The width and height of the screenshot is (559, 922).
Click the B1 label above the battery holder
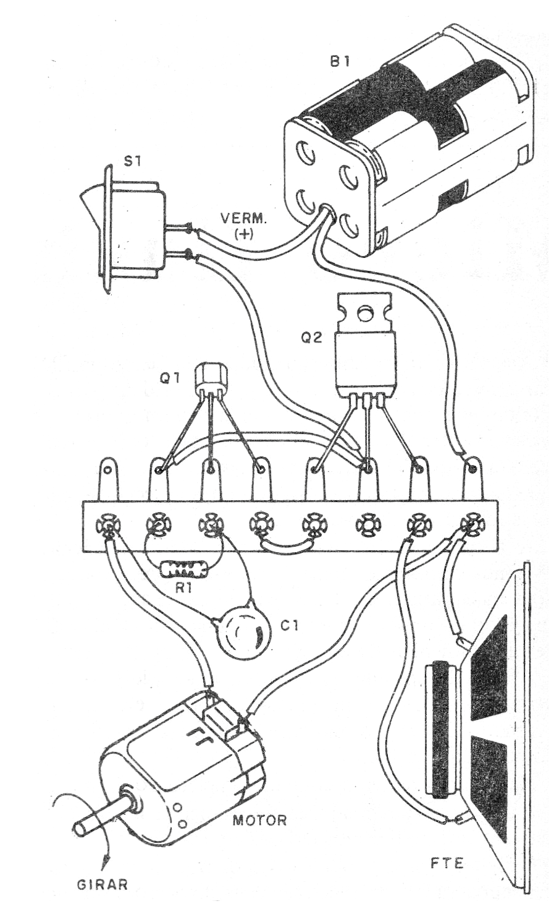coord(341,62)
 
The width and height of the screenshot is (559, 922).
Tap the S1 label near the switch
coord(132,163)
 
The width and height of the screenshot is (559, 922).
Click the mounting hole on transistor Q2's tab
coord(364,314)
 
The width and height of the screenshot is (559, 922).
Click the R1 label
coord(183,588)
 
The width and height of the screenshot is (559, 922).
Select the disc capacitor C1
coord(246,633)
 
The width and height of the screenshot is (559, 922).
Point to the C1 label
coord(289,626)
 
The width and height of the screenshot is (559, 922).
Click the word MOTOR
coord(259,821)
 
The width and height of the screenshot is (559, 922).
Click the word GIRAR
coord(102,884)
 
